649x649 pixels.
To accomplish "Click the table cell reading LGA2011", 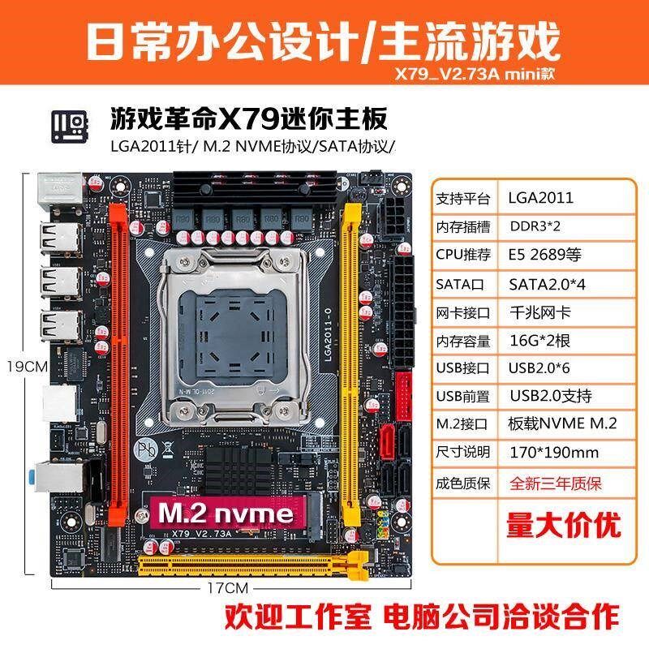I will pos(540,197).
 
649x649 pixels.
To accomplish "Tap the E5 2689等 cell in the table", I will pos(545,254).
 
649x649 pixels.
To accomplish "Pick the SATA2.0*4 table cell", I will pos(548,283).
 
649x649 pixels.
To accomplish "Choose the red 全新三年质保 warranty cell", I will pos(555,484).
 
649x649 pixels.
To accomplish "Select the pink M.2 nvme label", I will pos(226,514).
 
